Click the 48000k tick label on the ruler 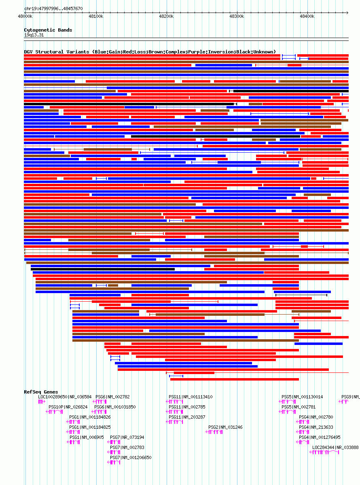25,16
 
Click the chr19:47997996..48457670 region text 53,9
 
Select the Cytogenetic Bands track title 48,30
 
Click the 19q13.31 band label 34,35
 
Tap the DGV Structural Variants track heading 150,52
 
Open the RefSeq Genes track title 41,392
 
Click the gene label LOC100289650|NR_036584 65,397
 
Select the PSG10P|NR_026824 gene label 68,407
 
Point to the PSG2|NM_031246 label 225,427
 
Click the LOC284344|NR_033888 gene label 335,447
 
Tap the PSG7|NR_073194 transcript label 127,437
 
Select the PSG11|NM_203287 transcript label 186,417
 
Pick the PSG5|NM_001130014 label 302,397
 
